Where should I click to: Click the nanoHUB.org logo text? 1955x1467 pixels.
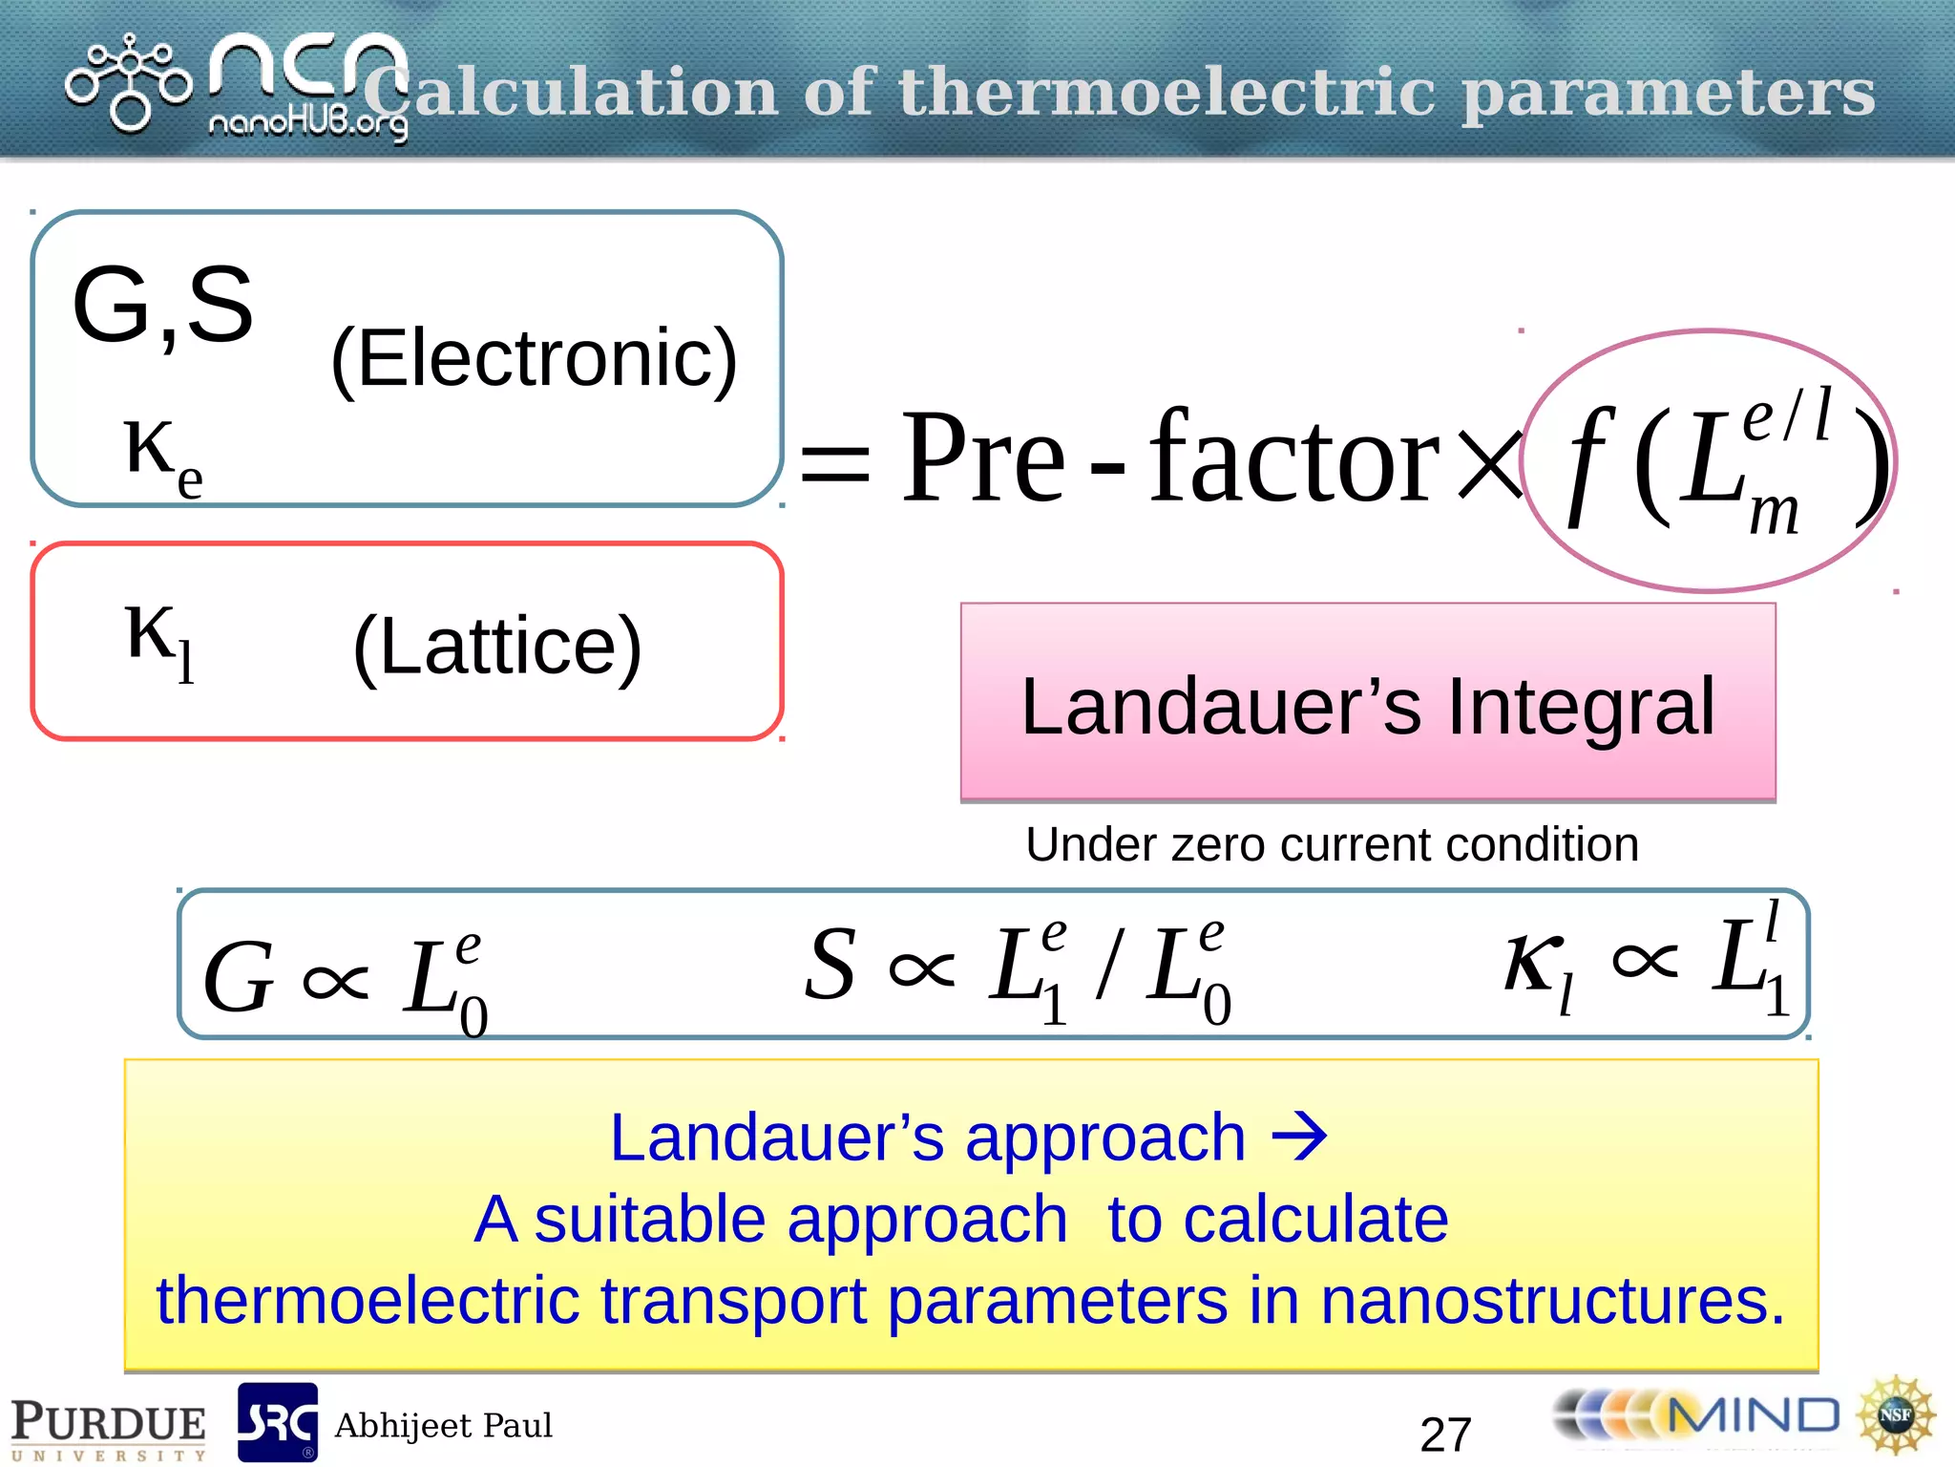307,123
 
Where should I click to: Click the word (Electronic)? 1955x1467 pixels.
535,359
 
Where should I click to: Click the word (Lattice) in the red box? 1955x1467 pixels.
497,648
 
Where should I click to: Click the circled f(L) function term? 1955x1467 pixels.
1709,462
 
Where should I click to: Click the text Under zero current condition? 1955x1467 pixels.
1332,844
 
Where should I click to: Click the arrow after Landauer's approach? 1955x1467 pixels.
1300,1137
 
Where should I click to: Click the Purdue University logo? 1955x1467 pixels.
108,1428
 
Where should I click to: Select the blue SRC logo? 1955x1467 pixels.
277,1422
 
